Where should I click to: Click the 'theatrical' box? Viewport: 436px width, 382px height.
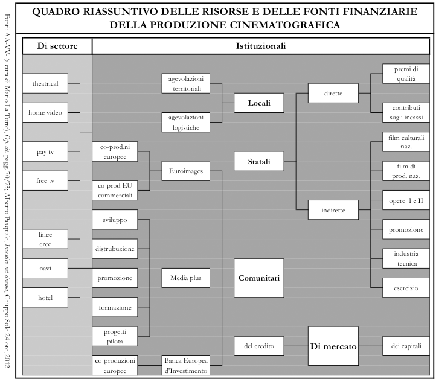click(45, 84)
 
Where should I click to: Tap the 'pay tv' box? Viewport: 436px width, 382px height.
click(45, 151)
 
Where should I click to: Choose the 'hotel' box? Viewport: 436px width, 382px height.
click(45, 298)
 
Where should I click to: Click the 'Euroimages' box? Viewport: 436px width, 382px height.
click(185, 171)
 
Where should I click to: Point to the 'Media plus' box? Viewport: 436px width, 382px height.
click(185, 278)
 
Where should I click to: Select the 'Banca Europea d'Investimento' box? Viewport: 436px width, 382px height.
click(185, 365)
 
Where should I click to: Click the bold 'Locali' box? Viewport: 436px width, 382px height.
click(258, 103)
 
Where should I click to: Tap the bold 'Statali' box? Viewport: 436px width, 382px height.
click(258, 161)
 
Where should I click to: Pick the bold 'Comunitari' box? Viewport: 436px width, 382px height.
click(258, 278)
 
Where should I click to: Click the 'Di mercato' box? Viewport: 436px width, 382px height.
click(333, 346)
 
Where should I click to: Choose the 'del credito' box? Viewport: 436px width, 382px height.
click(259, 346)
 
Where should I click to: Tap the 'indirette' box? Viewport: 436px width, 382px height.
click(333, 209)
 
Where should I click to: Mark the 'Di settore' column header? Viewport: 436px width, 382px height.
click(57, 46)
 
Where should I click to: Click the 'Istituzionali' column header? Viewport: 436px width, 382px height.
click(260, 46)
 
